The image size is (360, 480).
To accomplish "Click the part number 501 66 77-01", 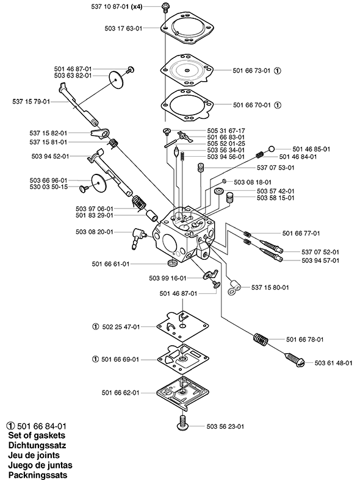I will coord(301,233).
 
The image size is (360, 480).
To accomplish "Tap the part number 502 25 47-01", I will coord(120,327).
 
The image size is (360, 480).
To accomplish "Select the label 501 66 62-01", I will coord(119,392).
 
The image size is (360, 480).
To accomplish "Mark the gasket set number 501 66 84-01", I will coord(40,426).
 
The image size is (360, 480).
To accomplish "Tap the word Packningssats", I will coord(38,475).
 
